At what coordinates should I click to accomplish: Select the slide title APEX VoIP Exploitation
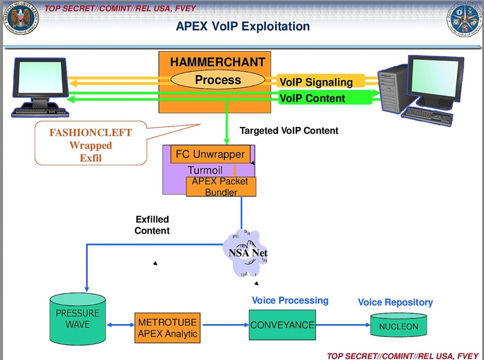[x=243, y=26]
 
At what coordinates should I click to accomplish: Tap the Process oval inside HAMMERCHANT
[x=218, y=80]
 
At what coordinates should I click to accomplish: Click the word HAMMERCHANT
[x=217, y=62]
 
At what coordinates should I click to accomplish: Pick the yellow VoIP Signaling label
[x=316, y=82]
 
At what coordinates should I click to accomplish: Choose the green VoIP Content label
[x=312, y=98]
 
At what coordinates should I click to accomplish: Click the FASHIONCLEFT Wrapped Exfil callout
[x=91, y=145]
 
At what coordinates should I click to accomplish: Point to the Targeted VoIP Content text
[x=289, y=131]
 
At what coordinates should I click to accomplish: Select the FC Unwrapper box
[x=210, y=154]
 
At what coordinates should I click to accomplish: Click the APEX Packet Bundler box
[x=221, y=186]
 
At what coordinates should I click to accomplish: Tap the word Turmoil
[x=205, y=170]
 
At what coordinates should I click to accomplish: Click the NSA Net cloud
[x=247, y=253]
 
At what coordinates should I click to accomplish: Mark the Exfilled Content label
[x=152, y=225]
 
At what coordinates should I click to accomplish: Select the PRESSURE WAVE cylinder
[x=78, y=318]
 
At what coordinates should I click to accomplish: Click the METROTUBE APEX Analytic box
[x=168, y=328]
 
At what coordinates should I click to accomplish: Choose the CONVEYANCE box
[x=282, y=324]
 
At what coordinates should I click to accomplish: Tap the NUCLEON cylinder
[x=399, y=326]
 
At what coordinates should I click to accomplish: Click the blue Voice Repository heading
[x=395, y=303]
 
